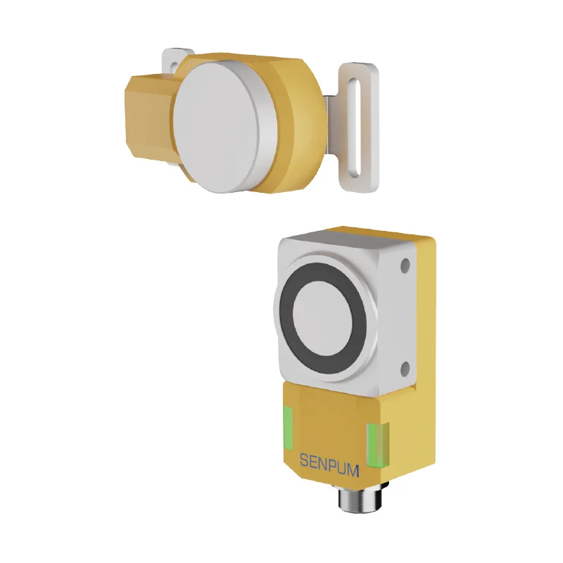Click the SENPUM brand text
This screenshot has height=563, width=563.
tap(329, 462)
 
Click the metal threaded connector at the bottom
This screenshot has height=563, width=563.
tap(352, 500)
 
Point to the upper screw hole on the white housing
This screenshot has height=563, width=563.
tap(405, 267)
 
